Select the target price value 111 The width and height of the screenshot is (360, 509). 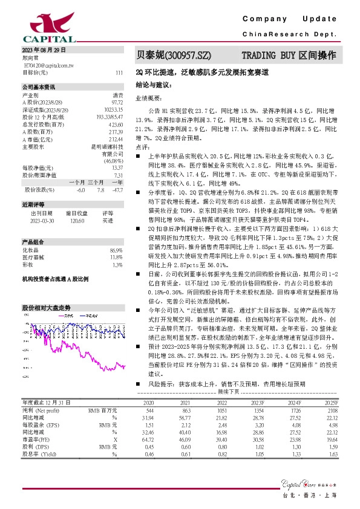(x=119, y=72)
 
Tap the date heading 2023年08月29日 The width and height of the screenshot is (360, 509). (x=43, y=50)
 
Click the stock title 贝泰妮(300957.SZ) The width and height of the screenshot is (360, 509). (x=173, y=55)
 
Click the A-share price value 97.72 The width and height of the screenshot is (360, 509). (x=117, y=102)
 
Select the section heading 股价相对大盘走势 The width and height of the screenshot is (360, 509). (x=46, y=307)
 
